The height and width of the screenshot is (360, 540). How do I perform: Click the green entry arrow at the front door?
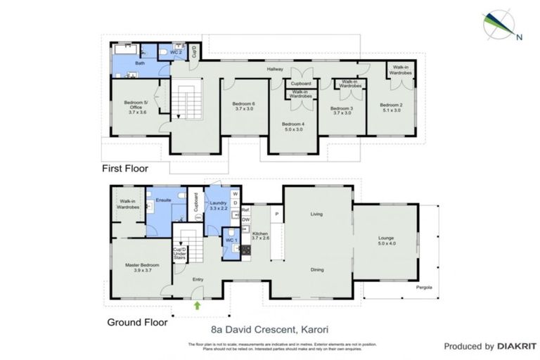[198, 305]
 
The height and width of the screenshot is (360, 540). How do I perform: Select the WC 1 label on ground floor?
[229, 240]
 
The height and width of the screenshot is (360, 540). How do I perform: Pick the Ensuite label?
[164, 200]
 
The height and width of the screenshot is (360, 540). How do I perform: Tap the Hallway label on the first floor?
[274, 69]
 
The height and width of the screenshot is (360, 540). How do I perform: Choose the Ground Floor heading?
[138, 323]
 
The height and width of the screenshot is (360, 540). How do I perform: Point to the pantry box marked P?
[277, 214]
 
